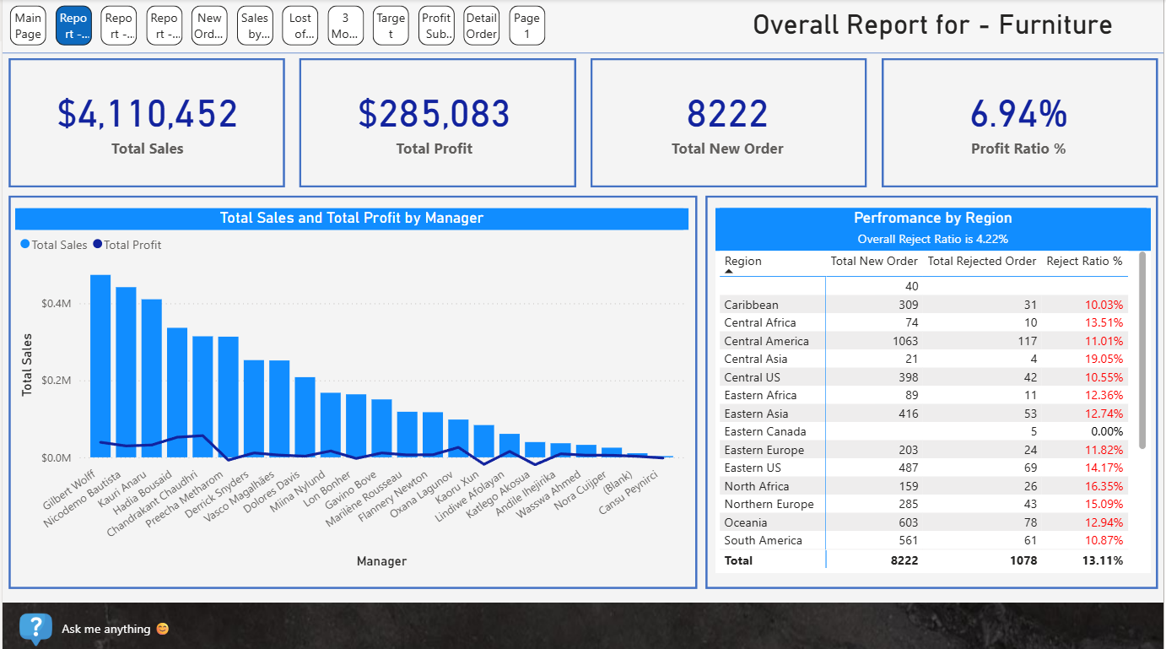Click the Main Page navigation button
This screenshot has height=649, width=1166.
click(x=28, y=26)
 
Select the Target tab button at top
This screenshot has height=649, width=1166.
click(x=391, y=26)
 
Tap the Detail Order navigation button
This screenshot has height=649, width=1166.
click(x=482, y=26)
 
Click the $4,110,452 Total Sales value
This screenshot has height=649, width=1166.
click(x=148, y=114)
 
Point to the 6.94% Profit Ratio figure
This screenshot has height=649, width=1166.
click(x=1018, y=114)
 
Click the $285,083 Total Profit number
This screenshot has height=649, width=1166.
click(x=435, y=114)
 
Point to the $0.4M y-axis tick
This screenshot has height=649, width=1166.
click(x=56, y=303)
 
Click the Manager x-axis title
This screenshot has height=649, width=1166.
click(x=381, y=561)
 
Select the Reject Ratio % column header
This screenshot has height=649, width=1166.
click(x=1084, y=261)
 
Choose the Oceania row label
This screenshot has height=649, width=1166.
click(x=746, y=522)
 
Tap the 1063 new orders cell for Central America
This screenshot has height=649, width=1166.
click(x=900, y=341)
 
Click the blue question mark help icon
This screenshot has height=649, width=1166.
click(x=35, y=628)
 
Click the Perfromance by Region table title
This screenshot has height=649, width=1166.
click(x=932, y=218)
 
